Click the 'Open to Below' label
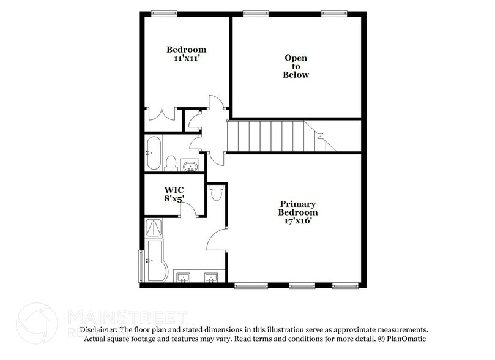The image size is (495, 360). (x=296, y=66)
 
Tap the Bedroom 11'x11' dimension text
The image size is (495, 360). (x=187, y=59)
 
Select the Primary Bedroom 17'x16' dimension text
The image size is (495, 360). (x=299, y=220)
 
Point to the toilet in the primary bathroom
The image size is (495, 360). (x=215, y=193)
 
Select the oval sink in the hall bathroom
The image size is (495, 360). (x=190, y=165)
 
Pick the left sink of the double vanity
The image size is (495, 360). (x=183, y=278)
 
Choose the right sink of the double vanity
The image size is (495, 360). (x=211, y=278)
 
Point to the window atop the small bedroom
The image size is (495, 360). (x=160, y=12)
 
